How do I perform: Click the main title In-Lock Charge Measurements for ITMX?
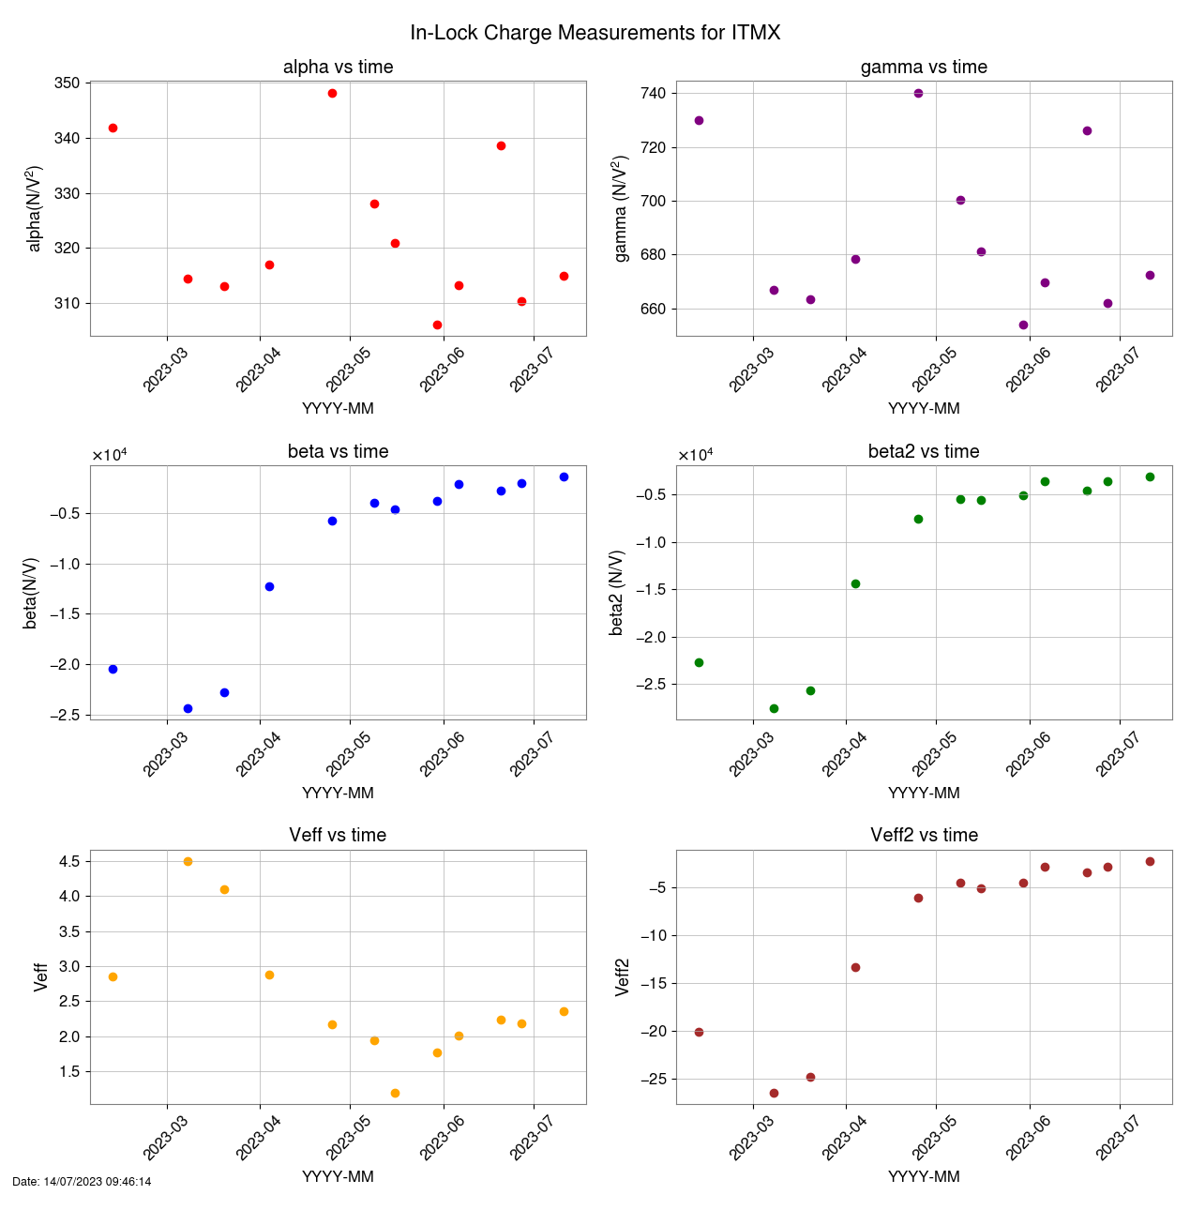coord(595,33)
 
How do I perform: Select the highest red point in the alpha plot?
coord(332,93)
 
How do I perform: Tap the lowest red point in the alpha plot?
coord(437,325)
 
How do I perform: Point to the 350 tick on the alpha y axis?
coord(68,83)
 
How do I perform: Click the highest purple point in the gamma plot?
coord(918,93)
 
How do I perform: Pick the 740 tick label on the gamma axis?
coord(654,94)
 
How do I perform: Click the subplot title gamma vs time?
coord(924,67)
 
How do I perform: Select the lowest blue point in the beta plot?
coord(188,708)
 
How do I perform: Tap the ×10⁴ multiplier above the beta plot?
coord(109,456)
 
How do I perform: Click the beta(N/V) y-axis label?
coord(31,593)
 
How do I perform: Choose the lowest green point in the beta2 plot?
coord(774,708)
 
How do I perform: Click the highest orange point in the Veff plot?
coord(188,861)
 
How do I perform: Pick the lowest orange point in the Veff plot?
coord(395,1093)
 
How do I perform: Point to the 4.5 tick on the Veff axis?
coord(68,861)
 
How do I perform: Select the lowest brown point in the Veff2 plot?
coord(774,1093)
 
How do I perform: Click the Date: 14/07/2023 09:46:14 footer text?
coord(82,1182)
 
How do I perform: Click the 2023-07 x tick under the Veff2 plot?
coord(1116,1134)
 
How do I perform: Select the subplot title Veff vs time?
coord(338,835)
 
